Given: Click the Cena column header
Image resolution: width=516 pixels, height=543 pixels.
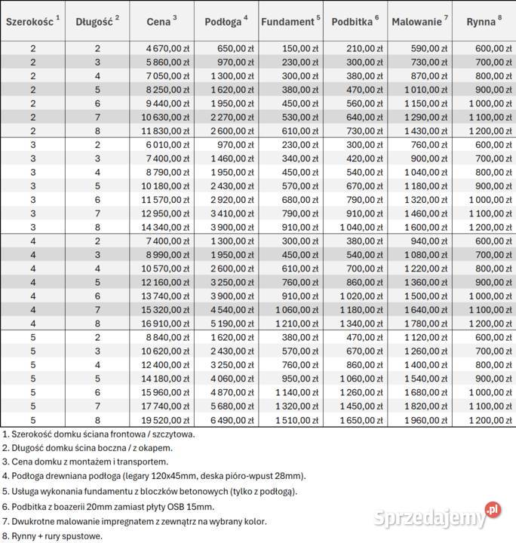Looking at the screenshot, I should (x=162, y=22).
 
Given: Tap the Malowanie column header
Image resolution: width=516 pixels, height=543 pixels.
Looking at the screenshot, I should (x=417, y=22).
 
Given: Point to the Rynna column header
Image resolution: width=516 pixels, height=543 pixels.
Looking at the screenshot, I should (x=481, y=22).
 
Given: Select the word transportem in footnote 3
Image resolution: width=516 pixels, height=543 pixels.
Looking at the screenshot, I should (x=141, y=462).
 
